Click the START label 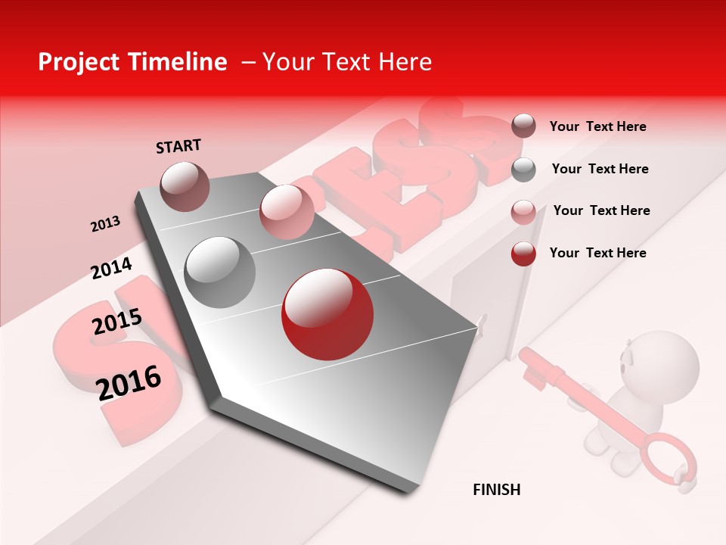tap(178, 146)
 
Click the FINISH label tap(496, 490)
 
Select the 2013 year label tap(105, 224)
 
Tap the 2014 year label tap(111, 268)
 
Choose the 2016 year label tap(129, 382)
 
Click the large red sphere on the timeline tap(327, 314)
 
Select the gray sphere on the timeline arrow tap(219, 272)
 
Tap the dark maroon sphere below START tap(185, 186)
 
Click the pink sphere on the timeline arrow tap(287, 211)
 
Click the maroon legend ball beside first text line tap(523, 126)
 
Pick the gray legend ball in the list tap(523, 170)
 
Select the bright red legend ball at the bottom tap(523, 254)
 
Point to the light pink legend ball tap(523, 212)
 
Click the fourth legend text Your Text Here tap(597, 253)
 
